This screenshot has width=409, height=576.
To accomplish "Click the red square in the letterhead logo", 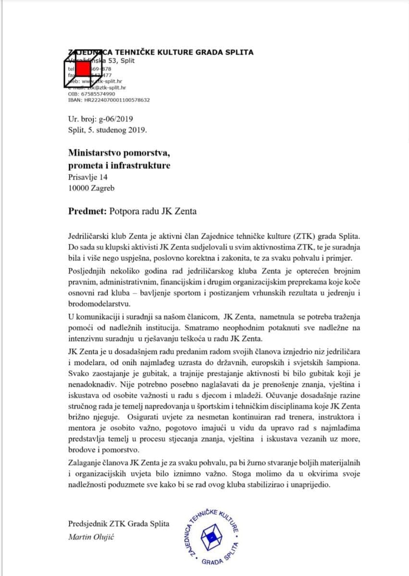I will [x=84, y=69].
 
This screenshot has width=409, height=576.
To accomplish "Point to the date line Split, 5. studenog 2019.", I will [x=108, y=130].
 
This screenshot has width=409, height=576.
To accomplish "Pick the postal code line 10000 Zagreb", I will [x=91, y=188].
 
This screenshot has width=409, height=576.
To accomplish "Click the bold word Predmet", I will [x=88, y=211].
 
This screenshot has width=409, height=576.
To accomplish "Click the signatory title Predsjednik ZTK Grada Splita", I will [x=119, y=524].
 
